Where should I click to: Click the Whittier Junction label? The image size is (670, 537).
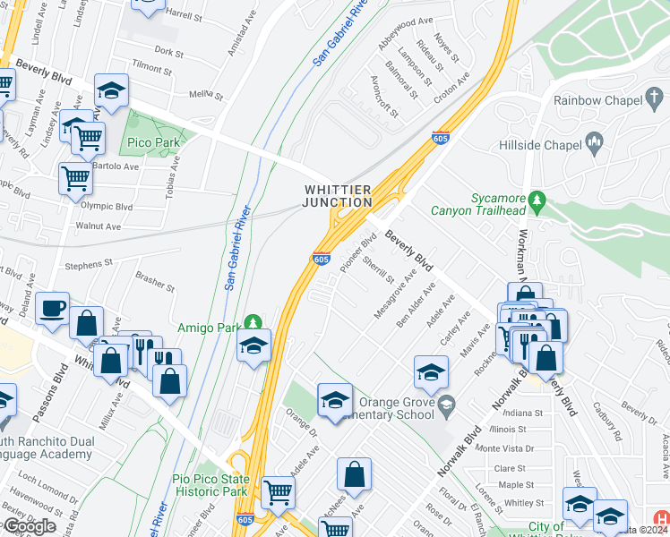tap(338, 196)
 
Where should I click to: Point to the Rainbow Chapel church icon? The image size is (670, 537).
tap(655, 97)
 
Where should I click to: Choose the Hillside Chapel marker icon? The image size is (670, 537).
tap(593, 142)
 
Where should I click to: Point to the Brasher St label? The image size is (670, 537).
tap(156, 282)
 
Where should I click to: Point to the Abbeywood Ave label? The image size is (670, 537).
tap(405, 21)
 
